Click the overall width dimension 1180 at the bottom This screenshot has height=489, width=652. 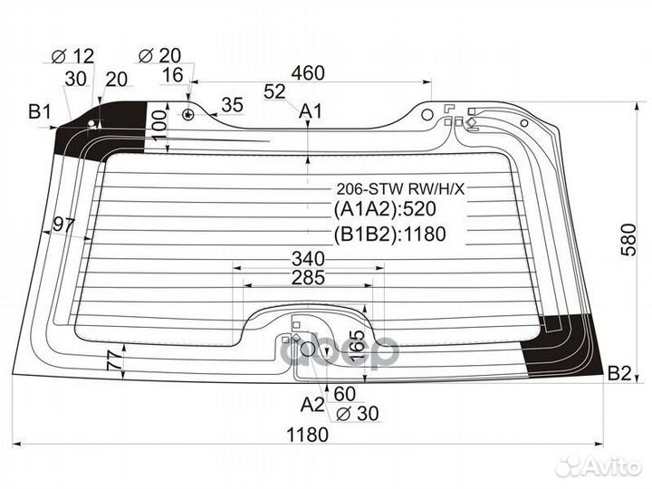pos(307,434)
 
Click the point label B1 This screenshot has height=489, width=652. pos(39,113)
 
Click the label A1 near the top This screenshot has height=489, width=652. pos(311,111)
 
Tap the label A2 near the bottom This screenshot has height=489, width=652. pos(312,403)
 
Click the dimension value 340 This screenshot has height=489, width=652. pos(309,258)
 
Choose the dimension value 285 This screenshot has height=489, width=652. pos(309,278)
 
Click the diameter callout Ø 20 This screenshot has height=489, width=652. pos(159,57)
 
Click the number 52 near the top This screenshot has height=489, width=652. pos(274,91)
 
